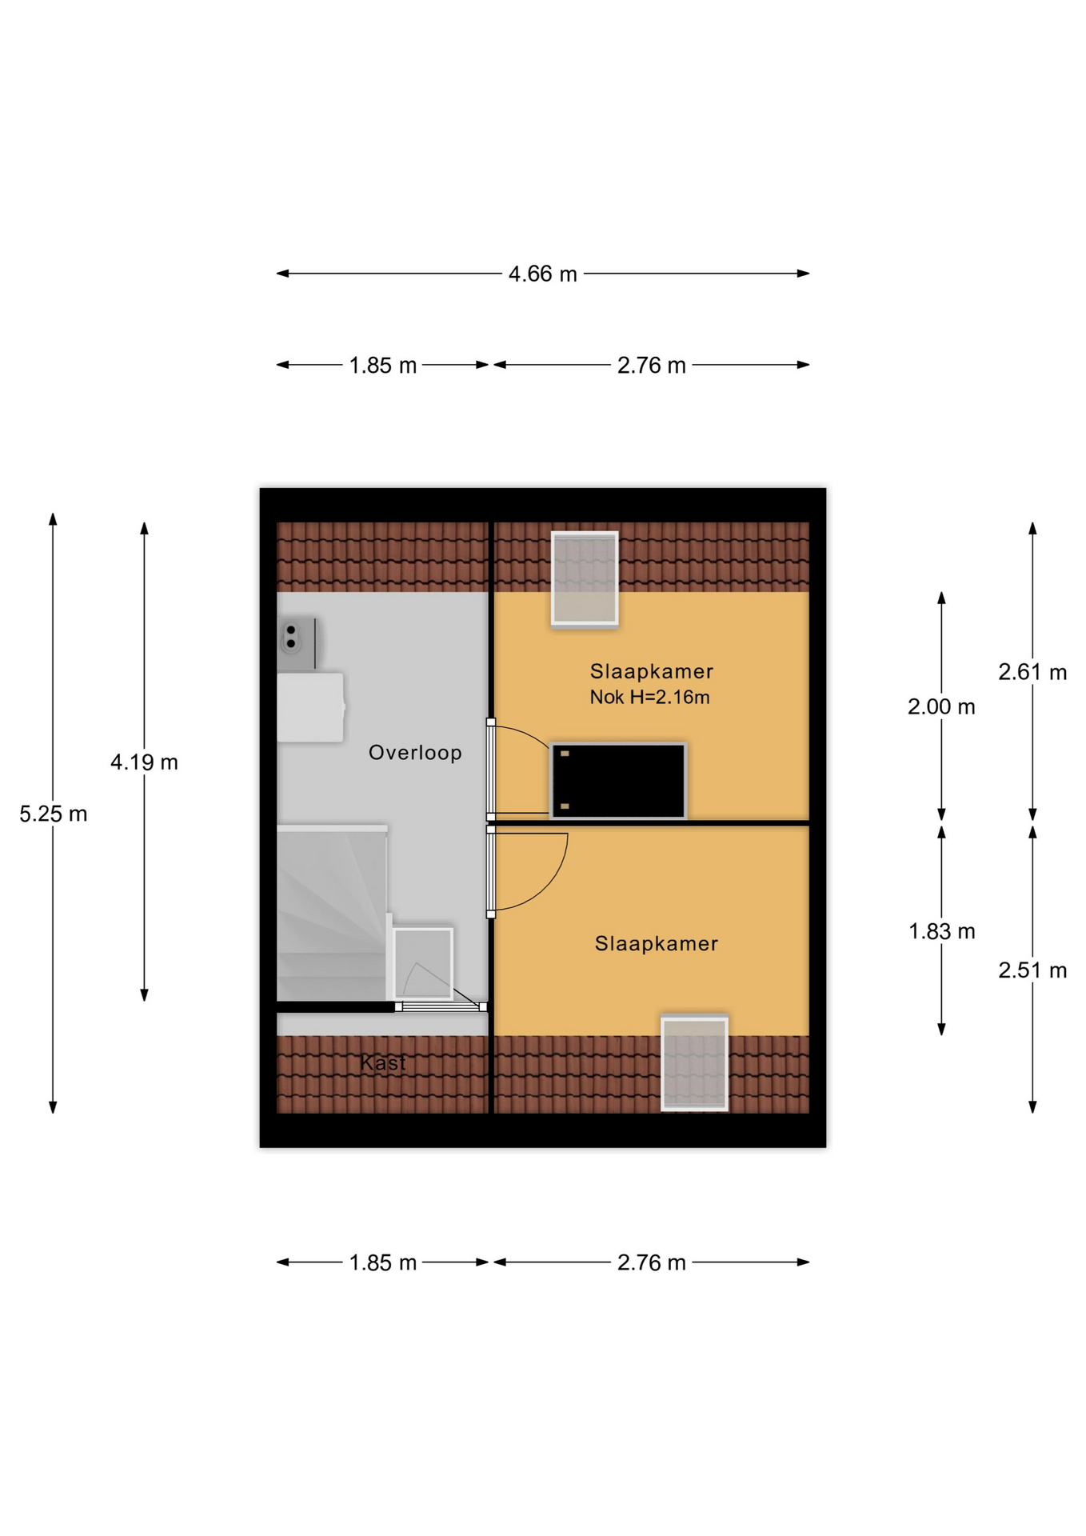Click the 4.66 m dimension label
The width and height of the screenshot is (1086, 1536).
pyautogui.click(x=542, y=274)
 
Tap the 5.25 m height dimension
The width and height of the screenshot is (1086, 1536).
pyautogui.click(x=53, y=814)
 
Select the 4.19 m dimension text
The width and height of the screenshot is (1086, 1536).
pyautogui.click(x=144, y=762)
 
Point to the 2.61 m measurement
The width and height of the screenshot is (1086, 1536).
pyautogui.click(x=1032, y=672)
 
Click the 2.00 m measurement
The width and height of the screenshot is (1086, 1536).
pyautogui.click(x=941, y=706)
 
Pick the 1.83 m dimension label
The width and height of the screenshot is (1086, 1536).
pyautogui.click(x=941, y=931)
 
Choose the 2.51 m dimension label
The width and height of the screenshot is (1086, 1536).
pyautogui.click(x=1032, y=970)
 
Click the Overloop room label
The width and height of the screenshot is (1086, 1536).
pyautogui.click(x=415, y=753)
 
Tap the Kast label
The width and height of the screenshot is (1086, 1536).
pyautogui.click(x=383, y=1062)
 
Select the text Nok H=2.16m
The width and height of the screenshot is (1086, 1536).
pyautogui.click(x=649, y=697)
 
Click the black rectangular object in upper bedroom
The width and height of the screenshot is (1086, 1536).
pyautogui.click(x=618, y=781)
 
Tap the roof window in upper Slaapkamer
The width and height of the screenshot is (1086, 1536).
pyautogui.click(x=585, y=578)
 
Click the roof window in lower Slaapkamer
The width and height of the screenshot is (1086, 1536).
pyautogui.click(x=694, y=1062)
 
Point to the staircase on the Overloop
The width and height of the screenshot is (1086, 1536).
pyautogui.click(x=332, y=913)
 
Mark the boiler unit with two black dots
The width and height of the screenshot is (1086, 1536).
pyautogui.click(x=297, y=643)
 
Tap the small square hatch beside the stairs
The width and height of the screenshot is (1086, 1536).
pyautogui.click(x=423, y=962)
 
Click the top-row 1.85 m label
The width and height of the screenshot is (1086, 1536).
pyautogui.click(x=383, y=365)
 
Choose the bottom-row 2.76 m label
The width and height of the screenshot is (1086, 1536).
pyautogui.click(x=651, y=1262)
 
